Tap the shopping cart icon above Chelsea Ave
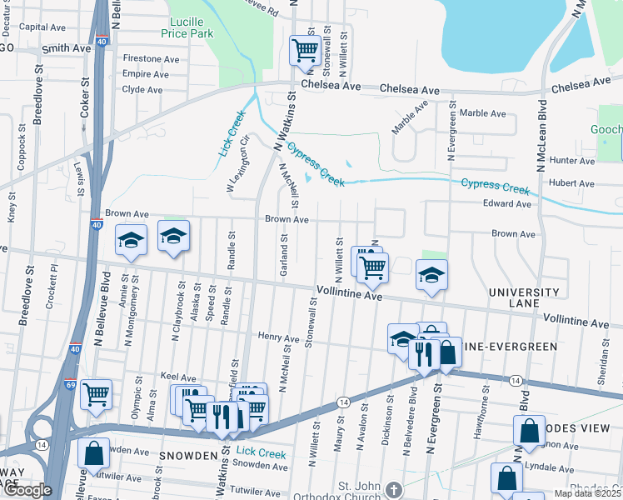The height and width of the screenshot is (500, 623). click(305, 51)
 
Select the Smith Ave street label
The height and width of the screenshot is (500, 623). click(66, 49)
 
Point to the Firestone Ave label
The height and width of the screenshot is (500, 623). click(151, 59)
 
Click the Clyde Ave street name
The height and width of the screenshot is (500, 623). click(142, 89)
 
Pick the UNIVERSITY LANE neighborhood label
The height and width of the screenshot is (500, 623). click(524, 298)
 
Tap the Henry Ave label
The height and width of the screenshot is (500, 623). click(278, 338)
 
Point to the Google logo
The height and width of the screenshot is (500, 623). click(27, 490)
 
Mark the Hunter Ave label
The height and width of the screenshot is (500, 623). click(570, 160)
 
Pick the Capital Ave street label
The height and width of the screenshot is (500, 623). click(42, 27)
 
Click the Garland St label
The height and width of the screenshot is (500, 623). click(284, 255)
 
